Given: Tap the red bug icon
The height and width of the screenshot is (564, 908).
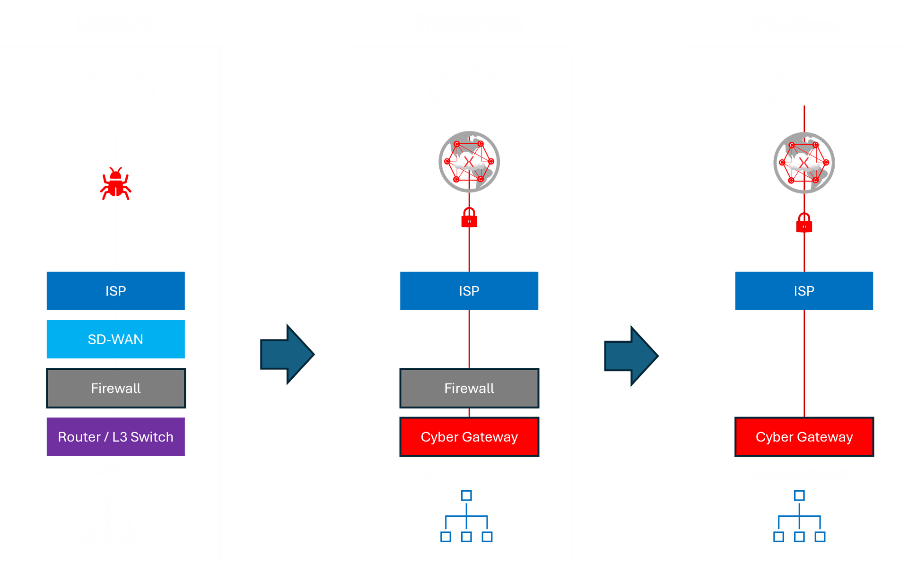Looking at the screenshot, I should [x=115, y=184].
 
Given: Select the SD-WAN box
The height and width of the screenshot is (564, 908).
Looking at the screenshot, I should [x=115, y=339].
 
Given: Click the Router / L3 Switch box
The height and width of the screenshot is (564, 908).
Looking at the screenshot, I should [x=115, y=437].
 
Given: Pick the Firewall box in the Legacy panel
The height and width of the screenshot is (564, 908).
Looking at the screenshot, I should [x=115, y=388].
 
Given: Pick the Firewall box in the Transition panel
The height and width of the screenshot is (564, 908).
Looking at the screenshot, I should [x=469, y=388].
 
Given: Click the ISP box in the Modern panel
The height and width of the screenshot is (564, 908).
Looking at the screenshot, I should [x=804, y=291].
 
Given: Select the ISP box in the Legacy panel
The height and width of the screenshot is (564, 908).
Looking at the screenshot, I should [x=115, y=291].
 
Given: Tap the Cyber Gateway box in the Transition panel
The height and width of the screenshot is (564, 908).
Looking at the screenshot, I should [x=469, y=437].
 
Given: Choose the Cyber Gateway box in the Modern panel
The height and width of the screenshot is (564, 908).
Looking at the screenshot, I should [x=804, y=437].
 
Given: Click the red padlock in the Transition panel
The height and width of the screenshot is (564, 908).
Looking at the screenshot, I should [x=469, y=218].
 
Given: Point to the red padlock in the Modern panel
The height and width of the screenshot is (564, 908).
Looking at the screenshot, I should [x=804, y=223].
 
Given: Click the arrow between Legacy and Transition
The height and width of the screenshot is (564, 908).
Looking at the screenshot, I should [x=287, y=354].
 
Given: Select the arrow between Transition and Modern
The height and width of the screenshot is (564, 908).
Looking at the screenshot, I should [x=631, y=356].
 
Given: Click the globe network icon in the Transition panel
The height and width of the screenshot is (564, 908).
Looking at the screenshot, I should [x=469, y=162].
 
